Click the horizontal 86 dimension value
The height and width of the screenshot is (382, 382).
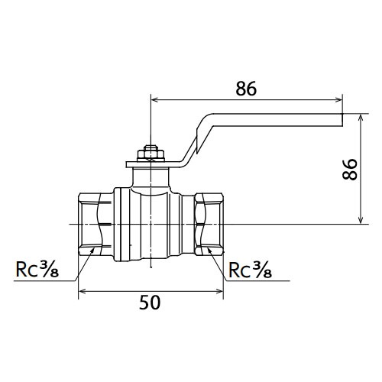(x=246, y=89)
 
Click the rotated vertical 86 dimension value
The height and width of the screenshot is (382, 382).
(x=350, y=170)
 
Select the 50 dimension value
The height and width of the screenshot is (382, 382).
(x=150, y=303)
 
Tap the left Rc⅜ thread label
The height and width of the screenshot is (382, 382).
(x=37, y=269)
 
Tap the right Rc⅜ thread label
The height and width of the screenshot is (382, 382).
(x=250, y=269)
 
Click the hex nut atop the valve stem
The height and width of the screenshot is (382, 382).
(x=151, y=155)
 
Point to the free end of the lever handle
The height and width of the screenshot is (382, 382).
(x=342, y=120)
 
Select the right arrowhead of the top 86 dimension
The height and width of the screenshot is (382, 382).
(x=338, y=99)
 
